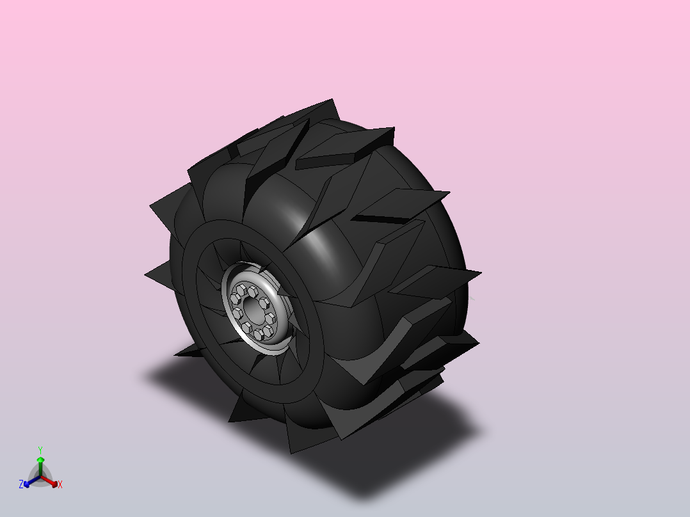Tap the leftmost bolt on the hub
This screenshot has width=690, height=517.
click(x=234, y=299)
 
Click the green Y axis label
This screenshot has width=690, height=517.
click(x=40, y=450)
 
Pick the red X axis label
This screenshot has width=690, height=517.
click(x=60, y=484)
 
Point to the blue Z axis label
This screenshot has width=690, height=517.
click(x=20, y=484)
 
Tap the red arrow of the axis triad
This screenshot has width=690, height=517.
click(x=49, y=481)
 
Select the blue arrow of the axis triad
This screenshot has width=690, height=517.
click(x=32, y=481)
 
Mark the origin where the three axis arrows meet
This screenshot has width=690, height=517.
click(x=40, y=476)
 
